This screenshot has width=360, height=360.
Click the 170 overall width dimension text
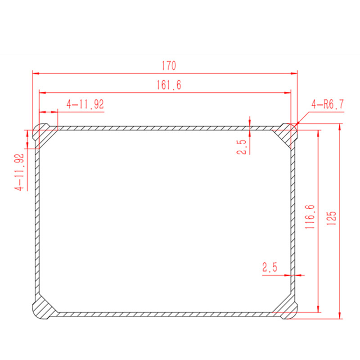(169, 66)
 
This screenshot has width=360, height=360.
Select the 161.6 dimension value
(169, 85)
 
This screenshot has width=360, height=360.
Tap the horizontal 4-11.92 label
(85, 104)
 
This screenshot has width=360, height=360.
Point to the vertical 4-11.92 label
(19, 172)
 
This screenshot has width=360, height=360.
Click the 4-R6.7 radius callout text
(328, 104)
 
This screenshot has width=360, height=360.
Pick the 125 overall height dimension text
(331, 218)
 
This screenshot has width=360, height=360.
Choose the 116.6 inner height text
(310, 217)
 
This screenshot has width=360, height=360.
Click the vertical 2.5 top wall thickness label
(242, 147)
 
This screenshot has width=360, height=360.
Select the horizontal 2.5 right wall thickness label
(270, 267)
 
